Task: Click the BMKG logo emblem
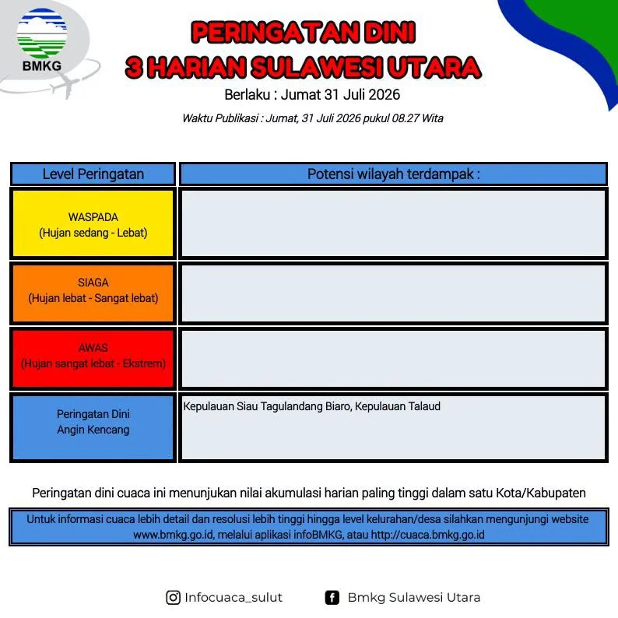[42, 33]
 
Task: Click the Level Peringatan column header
[93, 174]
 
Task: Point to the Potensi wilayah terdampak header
[393, 174]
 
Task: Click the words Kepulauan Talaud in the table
[398, 406]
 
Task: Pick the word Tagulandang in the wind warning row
[292, 407]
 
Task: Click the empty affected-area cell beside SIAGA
[393, 293]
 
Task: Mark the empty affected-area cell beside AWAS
[393, 358]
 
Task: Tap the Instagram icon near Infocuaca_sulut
[173, 598]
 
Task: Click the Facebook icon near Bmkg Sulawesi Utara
[332, 598]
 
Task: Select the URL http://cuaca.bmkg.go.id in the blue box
[427, 535]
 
